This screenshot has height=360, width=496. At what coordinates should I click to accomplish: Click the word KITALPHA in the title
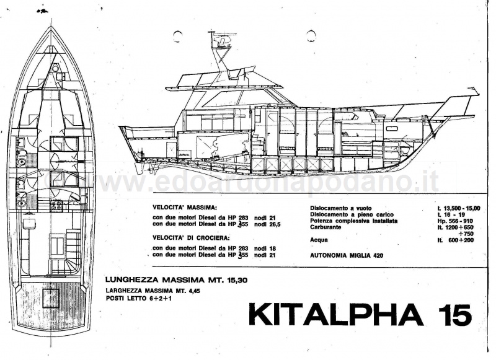click(x=336, y=315)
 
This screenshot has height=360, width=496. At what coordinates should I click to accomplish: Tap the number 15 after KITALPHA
click(x=454, y=315)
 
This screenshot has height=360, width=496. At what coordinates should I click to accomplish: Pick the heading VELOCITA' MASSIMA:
click(x=184, y=208)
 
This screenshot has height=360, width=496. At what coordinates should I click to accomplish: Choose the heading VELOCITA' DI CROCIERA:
click(x=191, y=238)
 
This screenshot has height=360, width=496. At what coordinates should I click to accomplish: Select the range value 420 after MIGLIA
click(x=378, y=255)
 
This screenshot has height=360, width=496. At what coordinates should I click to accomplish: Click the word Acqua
click(x=319, y=240)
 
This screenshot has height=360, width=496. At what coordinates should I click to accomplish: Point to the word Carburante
click(x=325, y=227)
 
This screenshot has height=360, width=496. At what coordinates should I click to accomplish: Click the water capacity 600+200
click(x=461, y=240)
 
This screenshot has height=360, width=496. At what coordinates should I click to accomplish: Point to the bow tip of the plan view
click(x=51, y=27)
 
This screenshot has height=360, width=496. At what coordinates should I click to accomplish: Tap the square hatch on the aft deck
click(x=51, y=298)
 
